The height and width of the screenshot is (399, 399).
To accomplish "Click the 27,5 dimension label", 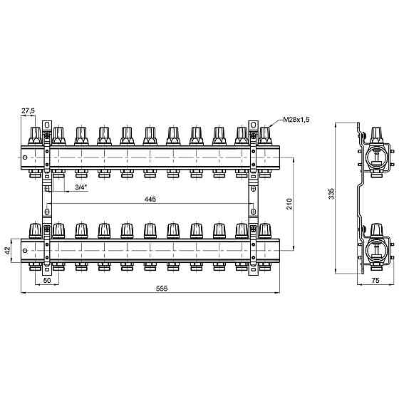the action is tap(28, 111).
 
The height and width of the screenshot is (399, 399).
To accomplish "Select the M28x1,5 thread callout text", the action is tap(296, 120).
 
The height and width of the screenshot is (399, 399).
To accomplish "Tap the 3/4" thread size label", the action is tap(81, 187).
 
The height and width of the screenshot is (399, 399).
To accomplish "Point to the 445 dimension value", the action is tap(150, 199).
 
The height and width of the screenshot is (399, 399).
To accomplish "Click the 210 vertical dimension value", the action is tap(289, 204).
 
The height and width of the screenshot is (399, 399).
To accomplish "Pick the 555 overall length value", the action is tap(162, 289).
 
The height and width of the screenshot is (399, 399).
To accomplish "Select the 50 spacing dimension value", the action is tap(47, 281).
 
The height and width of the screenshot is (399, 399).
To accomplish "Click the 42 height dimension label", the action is tap(8, 250).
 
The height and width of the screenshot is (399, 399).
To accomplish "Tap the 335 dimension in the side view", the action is tap(331, 194).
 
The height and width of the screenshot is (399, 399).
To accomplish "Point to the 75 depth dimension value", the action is tap(375, 281).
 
